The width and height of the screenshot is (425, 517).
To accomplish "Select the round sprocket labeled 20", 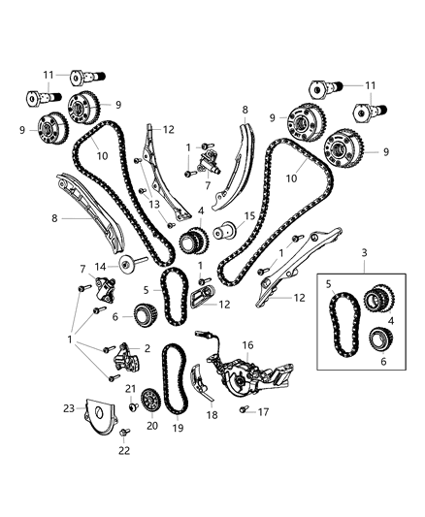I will pyautogui.click(x=149, y=401).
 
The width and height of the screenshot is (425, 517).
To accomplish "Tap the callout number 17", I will pyautogui.click(x=263, y=411).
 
